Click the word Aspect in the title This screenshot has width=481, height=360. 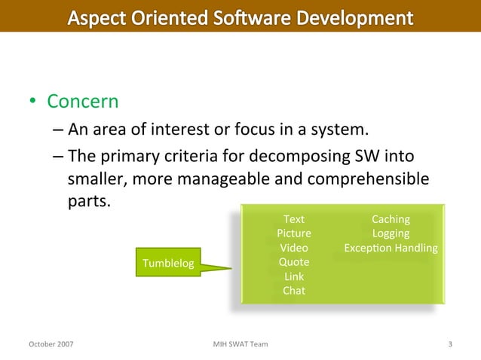click(x=101, y=17)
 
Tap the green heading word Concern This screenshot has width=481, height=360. click(x=83, y=101)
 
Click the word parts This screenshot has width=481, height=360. click(x=89, y=203)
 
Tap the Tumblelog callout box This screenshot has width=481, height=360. click(x=168, y=263)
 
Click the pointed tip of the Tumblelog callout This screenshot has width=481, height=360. click(x=231, y=266)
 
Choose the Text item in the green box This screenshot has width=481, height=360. click(x=294, y=219)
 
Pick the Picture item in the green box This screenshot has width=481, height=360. click(x=294, y=233)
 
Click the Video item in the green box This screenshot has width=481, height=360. click(x=294, y=248)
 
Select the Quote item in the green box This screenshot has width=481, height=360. click(x=294, y=262)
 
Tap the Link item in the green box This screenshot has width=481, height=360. click(x=294, y=276)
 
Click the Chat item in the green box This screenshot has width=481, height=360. click(x=294, y=291)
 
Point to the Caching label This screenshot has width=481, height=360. click(x=391, y=219)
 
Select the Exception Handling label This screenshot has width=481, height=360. click(x=391, y=248)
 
